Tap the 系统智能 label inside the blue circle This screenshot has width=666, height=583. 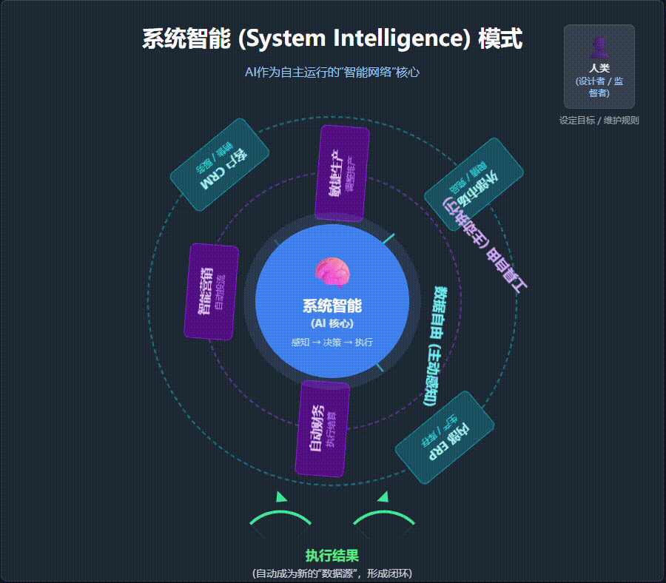pos(332,306)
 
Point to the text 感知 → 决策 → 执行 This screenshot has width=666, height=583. pos(332,343)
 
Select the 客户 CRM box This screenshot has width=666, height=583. pos(220,165)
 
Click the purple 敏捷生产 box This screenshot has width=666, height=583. pos(342,173)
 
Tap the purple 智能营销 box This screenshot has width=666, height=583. pos(211,291)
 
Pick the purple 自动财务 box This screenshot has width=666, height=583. pos(322,429)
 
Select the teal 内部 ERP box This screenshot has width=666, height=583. pos(444,437)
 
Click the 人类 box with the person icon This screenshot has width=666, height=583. pos(599,67)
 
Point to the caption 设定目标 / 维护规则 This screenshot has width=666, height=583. pos(599,121)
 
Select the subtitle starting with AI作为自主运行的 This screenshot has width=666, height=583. pos(332,73)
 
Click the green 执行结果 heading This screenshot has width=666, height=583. pos(332,556)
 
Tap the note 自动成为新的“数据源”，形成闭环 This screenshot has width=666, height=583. pos(332,573)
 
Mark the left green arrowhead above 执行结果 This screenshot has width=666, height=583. pos(280,497)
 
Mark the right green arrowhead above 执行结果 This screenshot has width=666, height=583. pos(383,497)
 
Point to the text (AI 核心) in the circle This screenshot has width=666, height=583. pos(332,324)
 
